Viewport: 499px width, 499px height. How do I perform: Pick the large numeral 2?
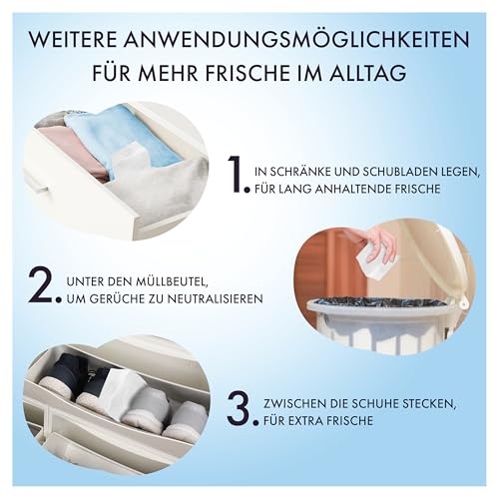pyautogui.click(x=44, y=283)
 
